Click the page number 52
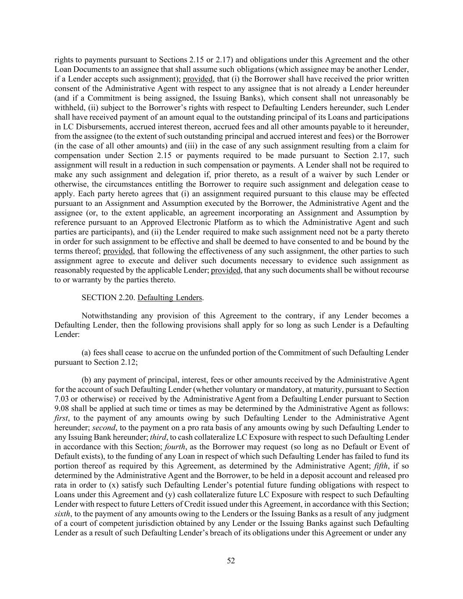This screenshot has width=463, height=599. click(231, 560)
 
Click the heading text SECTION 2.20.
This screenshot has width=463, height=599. click(108, 298)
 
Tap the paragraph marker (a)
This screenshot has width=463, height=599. click(87, 353)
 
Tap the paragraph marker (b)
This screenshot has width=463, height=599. click(87, 380)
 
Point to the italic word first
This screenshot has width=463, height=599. click(61, 418)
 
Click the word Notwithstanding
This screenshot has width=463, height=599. click(108, 316)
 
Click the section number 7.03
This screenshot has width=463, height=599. click(62, 399)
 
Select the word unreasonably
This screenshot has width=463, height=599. click(378, 98)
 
